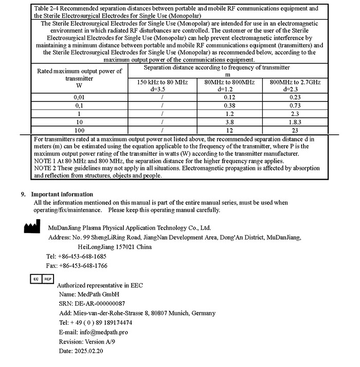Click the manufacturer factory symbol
click(32, 226)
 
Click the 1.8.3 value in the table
click(295, 123)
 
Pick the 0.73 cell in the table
click(295, 106)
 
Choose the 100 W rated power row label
click(80, 131)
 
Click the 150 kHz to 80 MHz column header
click(162, 82)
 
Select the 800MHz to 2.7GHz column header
click(295, 82)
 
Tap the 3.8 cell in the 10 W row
click(229, 123)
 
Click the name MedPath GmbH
click(97, 294)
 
